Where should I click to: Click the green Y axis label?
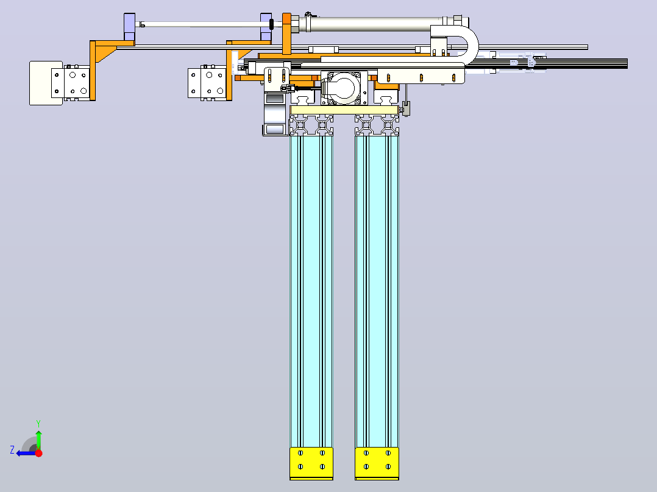pyautogui.click(x=38, y=423)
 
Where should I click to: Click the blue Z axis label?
pyautogui.click(x=12, y=450)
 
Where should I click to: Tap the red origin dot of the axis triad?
pyautogui.click(x=38, y=452)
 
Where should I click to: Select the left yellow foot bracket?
pyautogui.click(x=311, y=463)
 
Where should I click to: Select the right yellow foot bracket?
pyautogui.click(x=377, y=463)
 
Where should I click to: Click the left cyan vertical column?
pyautogui.click(x=311, y=291)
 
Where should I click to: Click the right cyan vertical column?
pyautogui.click(x=377, y=291)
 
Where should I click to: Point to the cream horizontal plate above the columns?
pyautogui.click(x=344, y=110)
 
